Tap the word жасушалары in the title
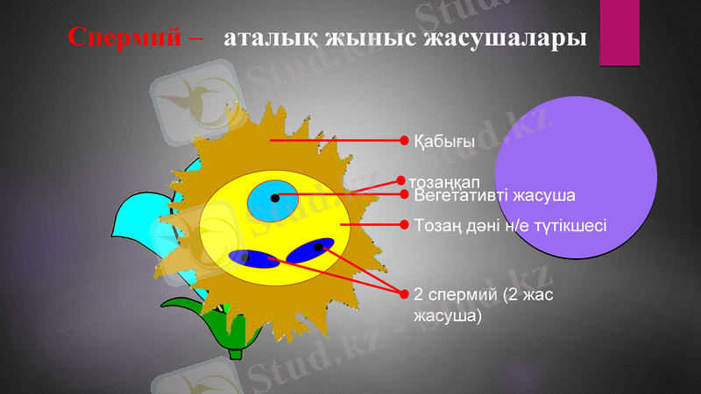point(504,39)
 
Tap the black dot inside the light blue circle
point(275,198)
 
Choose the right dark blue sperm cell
point(312,250)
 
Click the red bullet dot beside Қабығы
point(404,140)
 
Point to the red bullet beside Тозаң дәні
point(404,225)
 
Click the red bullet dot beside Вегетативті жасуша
point(404,194)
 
